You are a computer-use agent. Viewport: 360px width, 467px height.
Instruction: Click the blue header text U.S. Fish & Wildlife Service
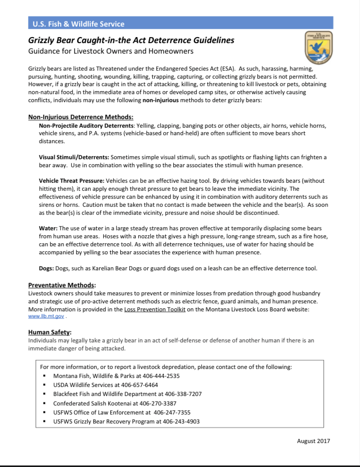79,24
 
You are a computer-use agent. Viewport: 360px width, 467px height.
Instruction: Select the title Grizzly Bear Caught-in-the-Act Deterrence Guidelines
131,41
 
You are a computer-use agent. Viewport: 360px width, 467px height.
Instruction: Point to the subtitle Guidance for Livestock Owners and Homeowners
111,51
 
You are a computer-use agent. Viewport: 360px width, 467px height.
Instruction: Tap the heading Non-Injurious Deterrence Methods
80,118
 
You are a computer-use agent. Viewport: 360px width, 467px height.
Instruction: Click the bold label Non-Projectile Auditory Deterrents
86,126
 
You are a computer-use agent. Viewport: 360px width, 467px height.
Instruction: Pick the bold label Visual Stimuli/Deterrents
74,157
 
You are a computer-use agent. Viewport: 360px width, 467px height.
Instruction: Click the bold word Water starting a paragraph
48,228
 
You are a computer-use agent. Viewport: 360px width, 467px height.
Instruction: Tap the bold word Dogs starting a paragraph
47,268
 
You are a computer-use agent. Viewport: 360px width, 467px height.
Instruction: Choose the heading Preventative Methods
62,285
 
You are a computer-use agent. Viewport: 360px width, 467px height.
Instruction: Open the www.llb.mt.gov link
46,316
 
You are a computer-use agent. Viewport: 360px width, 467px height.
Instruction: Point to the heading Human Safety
50,332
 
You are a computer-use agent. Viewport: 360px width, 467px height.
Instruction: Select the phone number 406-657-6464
141,385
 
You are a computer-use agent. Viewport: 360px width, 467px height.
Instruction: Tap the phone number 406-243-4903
181,421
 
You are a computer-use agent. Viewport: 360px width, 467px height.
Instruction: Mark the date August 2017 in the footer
313,441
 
